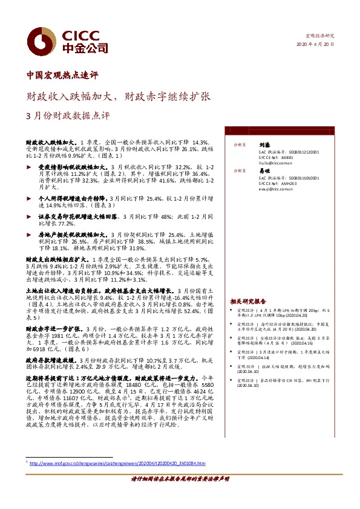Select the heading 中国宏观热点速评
tap(62, 76)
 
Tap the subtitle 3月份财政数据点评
tap(73, 115)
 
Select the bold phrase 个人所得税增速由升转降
tap(76, 198)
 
